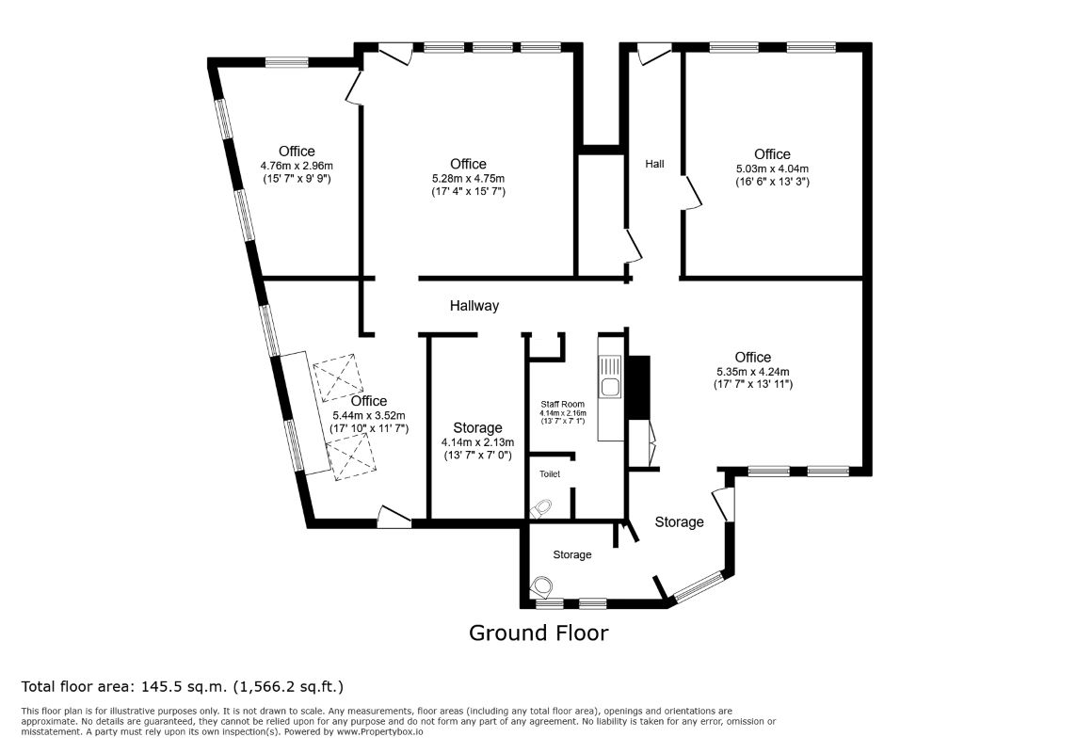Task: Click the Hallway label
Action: pos(474,306)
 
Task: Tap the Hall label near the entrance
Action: pos(654,164)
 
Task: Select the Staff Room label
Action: pos(563,405)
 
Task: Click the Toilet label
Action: pos(550,473)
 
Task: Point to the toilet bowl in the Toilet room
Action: pos(542,508)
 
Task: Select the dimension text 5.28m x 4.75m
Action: pos(469,179)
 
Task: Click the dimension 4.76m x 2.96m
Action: pos(297,166)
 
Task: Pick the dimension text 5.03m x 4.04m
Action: pos(772,168)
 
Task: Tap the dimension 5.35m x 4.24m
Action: pos(753,372)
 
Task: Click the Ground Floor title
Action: pos(538,633)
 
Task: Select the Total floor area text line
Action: pos(182,686)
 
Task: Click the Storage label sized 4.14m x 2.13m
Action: pos(477,427)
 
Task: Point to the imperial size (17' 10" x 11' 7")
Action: pos(369,428)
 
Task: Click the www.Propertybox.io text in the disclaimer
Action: pos(379,731)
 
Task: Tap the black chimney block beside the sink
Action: pos(639,387)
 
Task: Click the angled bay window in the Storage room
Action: pos(698,587)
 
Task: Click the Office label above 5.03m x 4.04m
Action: pos(772,154)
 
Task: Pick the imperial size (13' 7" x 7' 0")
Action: pos(477,456)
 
